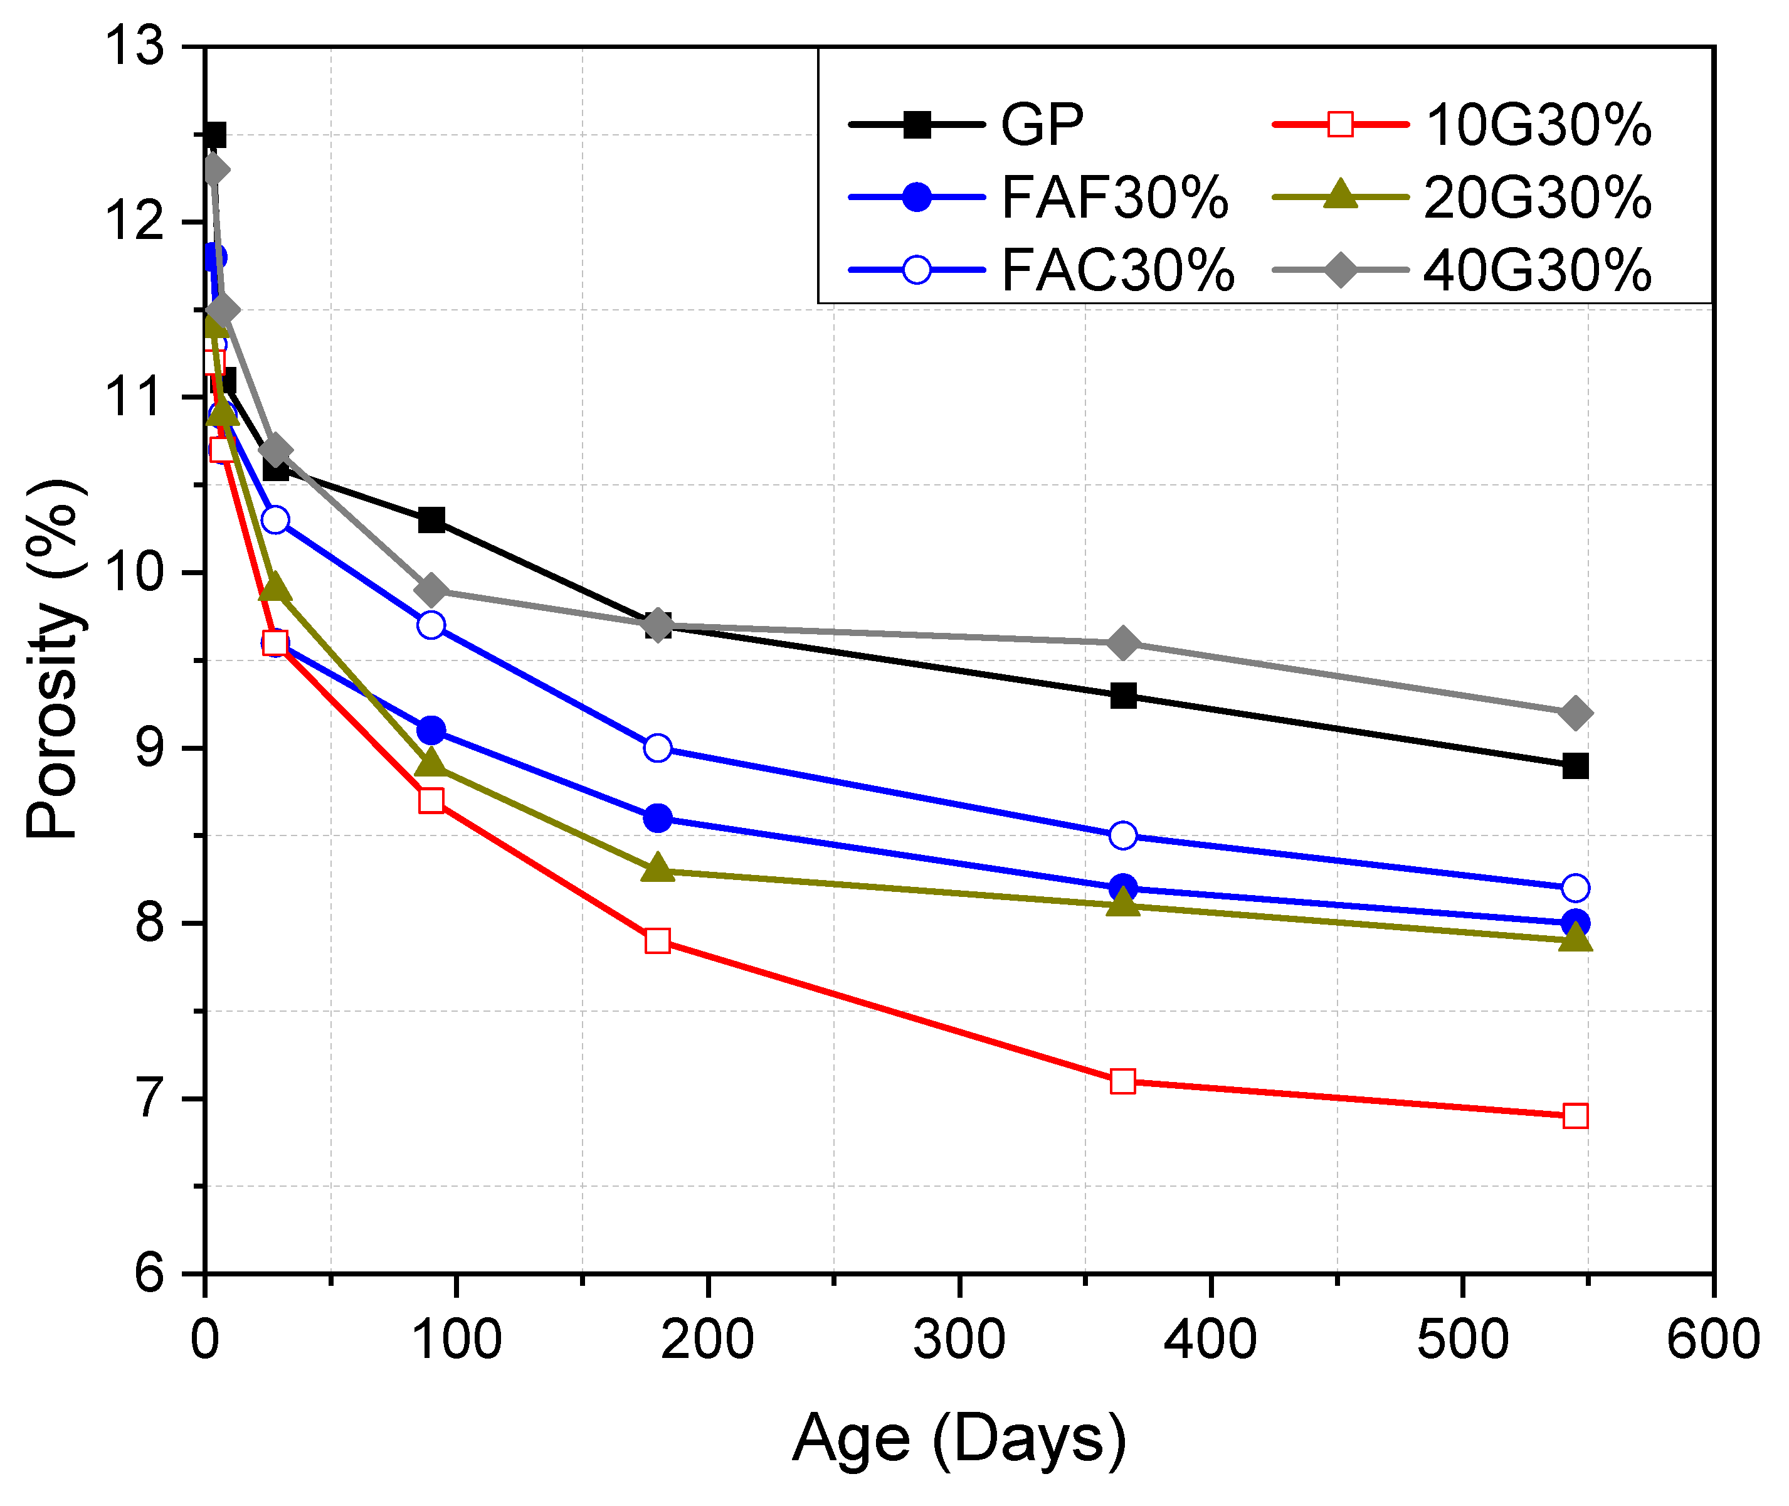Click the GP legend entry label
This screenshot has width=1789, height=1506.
tap(1042, 125)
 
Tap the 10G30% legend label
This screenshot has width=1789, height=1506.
tap(1538, 125)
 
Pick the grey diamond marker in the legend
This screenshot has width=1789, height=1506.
tap(1340, 270)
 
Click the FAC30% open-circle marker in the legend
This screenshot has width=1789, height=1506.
tap(917, 270)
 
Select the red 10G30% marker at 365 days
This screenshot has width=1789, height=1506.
tap(1123, 1081)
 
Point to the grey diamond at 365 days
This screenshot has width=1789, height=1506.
tap(1123, 643)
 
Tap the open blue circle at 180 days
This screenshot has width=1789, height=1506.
tap(657, 748)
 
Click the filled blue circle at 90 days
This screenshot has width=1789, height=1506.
tap(431, 731)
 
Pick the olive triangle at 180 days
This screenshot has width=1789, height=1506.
tap(657, 869)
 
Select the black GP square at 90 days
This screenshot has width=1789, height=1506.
tap(431, 520)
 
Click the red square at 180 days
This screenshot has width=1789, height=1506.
tap(657, 941)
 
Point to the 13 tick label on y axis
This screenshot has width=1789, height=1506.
tap(134, 46)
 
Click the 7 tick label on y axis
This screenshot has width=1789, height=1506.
tap(149, 1099)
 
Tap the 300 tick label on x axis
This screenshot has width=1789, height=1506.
tap(959, 1339)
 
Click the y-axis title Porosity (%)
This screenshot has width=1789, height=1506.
tap(53, 659)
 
